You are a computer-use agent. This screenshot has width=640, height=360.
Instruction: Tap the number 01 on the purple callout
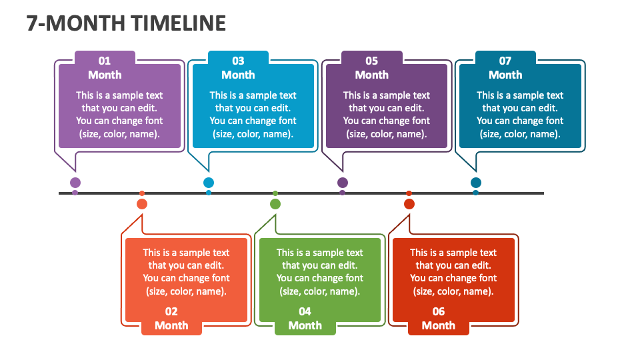pos(105,61)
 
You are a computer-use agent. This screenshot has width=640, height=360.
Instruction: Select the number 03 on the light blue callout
pos(239,61)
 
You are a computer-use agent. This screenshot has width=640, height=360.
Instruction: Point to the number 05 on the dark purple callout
pos(372,61)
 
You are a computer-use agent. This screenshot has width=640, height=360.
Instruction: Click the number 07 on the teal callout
pos(505,61)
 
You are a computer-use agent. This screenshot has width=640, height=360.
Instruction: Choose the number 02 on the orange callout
pos(171,311)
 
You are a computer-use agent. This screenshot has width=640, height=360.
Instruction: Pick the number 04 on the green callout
pos(305,311)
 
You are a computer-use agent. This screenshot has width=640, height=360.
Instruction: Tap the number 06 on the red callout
pos(439,311)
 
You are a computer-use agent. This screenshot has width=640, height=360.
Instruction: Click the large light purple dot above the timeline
pos(75,183)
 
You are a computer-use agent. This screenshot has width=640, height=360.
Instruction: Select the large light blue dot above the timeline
pos(209,183)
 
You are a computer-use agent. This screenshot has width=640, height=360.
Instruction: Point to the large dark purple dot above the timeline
pos(343,183)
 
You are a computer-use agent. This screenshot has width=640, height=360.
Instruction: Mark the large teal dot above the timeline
pos(476,183)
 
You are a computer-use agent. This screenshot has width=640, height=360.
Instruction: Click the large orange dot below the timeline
pos(142,204)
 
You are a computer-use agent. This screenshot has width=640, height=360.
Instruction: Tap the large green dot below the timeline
pos(275,204)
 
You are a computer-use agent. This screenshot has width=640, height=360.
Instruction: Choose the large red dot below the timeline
pos(409,204)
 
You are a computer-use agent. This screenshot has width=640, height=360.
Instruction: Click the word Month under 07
pos(505,75)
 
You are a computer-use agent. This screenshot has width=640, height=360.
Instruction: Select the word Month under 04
pos(305,325)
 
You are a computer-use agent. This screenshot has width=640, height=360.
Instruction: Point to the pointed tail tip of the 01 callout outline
pos(75,171)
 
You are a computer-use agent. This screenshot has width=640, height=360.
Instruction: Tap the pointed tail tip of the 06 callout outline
pos(409,215)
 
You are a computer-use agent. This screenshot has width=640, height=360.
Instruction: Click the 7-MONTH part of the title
pos(75,23)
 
